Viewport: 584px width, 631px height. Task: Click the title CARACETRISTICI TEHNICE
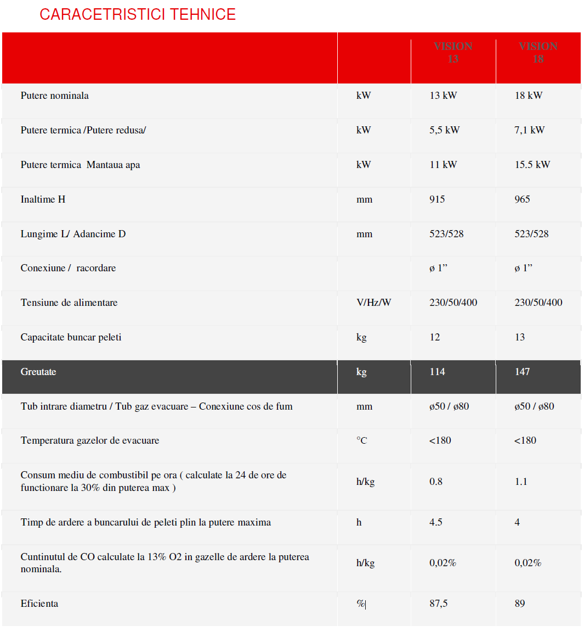coord(137,14)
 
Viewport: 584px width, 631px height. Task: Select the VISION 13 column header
coord(453,53)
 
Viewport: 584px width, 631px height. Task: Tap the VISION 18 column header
coord(538,53)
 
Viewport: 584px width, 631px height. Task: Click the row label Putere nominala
coord(54,96)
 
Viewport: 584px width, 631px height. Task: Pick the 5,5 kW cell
coord(444,130)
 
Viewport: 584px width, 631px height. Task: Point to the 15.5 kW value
coord(532,165)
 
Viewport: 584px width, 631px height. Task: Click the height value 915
coord(437,199)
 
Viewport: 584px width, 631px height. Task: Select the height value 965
coord(522,199)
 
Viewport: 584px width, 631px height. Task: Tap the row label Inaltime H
coord(43,199)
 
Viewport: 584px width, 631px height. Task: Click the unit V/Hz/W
coord(373,303)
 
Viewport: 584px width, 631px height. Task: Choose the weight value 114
coord(437,372)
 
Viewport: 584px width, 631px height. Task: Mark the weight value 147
coord(522,372)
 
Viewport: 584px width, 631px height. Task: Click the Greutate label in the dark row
coord(38,372)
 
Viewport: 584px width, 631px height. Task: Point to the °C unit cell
coord(361,440)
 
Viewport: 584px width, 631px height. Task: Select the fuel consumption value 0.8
coord(436,482)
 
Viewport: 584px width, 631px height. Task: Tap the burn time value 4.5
coord(436,522)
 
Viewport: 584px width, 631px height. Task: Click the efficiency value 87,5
coord(438,604)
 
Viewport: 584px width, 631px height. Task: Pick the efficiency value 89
coord(520,604)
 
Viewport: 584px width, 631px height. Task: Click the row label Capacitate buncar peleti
coord(71,337)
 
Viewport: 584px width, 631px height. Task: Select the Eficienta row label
coord(39,604)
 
